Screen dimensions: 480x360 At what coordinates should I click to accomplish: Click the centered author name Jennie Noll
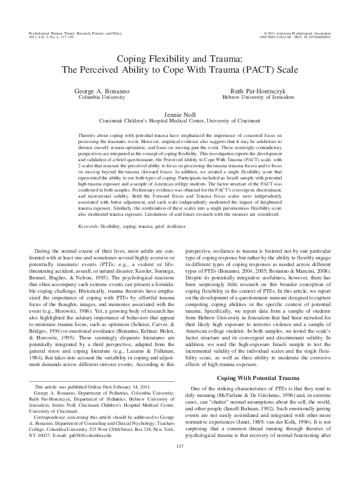tap(179, 113)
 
